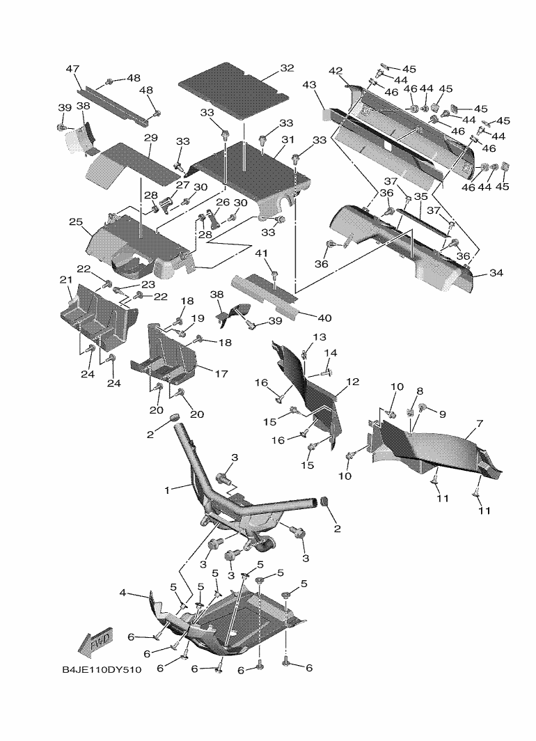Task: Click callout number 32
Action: coord(287,68)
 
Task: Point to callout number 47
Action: coord(72,69)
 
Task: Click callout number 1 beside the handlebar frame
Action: coord(167,490)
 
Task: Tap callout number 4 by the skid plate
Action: coord(123,593)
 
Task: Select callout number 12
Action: coord(353,382)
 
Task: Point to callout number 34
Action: coord(496,273)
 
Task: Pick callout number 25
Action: coord(76,222)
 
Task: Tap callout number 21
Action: coord(65,279)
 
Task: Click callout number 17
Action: coord(221,374)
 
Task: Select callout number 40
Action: coord(324,318)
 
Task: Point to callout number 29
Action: coord(150,137)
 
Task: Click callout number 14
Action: coord(330,353)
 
